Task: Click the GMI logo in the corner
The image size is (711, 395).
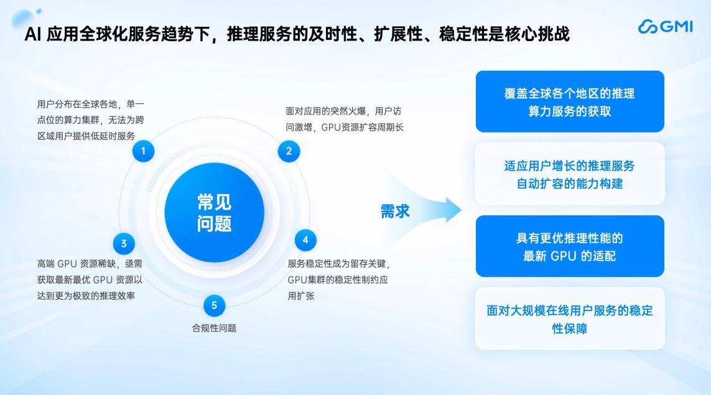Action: pos(665,27)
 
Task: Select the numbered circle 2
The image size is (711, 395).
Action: pos(289,151)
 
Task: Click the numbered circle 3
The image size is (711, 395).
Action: pos(124,243)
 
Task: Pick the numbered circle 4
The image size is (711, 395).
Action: pos(305,240)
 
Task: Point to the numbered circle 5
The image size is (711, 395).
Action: pos(214,305)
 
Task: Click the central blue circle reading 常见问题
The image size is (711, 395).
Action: pos(215,213)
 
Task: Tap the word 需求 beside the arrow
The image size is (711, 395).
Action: pos(395,211)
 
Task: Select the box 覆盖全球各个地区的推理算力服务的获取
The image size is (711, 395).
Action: pos(569,101)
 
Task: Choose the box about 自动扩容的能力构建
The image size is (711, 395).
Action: pos(569,175)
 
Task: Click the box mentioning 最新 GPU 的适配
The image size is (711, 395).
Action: pos(569,246)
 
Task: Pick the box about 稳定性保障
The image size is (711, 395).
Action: pos(569,319)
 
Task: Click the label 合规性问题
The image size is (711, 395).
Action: pos(214,328)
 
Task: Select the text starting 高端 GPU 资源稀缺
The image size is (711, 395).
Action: pos(90,280)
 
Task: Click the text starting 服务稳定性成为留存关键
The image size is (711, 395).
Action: pos(339,280)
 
